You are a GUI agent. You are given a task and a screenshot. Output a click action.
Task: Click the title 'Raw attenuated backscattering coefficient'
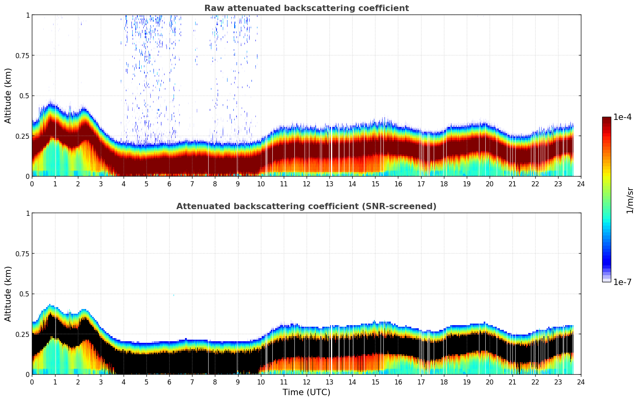pos(306,8)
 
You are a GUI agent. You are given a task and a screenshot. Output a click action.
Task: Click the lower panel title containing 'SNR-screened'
pos(306,206)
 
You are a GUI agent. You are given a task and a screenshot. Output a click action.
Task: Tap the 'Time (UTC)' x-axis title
pos(306,392)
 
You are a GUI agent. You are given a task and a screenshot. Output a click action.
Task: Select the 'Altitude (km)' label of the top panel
pos(8,96)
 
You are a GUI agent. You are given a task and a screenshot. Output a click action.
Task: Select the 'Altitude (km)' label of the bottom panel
pos(8,294)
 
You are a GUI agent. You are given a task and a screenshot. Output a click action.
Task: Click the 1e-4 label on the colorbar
pos(622,117)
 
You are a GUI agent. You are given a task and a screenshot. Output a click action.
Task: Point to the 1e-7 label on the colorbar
pos(622,282)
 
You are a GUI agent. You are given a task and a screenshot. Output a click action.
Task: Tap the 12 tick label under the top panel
pos(306,184)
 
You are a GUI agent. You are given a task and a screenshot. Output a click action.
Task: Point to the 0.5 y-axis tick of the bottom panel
pos(24,294)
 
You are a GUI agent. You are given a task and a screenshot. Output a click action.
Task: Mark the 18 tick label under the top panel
pos(444,184)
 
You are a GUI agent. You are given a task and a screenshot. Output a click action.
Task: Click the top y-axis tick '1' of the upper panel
pos(28,15)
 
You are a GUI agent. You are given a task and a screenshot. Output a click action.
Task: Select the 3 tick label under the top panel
pos(101,184)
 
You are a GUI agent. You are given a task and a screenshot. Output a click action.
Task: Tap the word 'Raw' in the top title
pos(213,8)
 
